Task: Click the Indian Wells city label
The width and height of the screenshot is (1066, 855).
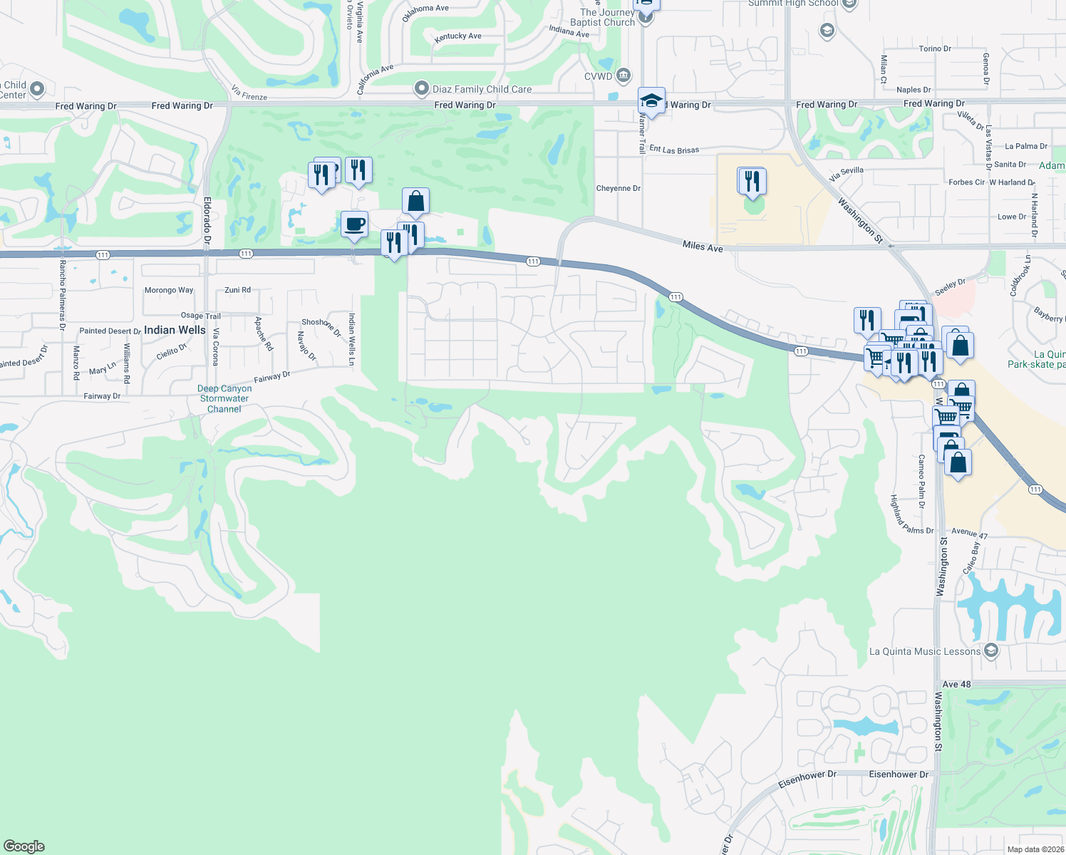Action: click(175, 330)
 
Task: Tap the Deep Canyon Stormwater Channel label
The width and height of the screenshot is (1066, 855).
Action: click(224, 399)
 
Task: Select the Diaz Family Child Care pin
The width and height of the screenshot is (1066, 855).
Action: click(422, 89)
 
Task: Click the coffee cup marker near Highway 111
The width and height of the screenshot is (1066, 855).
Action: click(354, 224)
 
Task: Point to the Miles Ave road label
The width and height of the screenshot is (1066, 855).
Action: click(703, 247)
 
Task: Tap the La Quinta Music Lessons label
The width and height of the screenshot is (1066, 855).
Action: click(925, 651)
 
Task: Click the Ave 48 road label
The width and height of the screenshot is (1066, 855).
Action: click(956, 684)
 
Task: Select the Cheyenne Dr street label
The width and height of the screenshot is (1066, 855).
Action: click(618, 189)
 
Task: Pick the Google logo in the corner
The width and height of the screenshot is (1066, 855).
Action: click(24, 846)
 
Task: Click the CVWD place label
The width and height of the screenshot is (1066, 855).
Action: click(598, 76)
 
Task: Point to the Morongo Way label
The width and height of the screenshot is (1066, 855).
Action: click(169, 290)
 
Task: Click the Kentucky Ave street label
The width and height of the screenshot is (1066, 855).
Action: click(457, 36)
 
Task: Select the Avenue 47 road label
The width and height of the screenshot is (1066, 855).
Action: click(969, 532)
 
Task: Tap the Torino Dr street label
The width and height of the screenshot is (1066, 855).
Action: click(935, 49)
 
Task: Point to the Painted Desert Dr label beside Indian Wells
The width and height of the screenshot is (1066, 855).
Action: click(110, 331)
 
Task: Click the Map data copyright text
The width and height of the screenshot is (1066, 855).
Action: click(1035, 849)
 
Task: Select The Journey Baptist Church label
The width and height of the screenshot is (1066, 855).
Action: click(604, 17)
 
